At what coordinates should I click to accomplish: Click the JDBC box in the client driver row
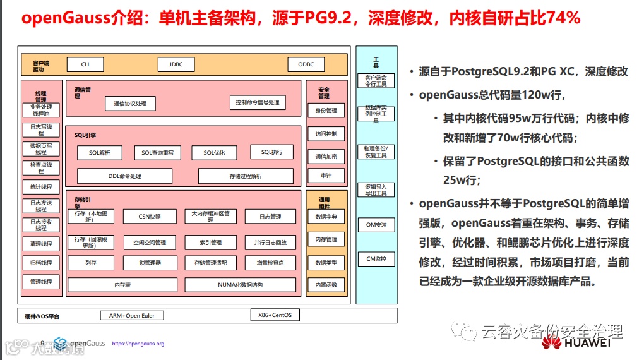(176, 64)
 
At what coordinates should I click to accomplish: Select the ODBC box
(306, 64)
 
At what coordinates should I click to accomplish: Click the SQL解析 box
(100, 153)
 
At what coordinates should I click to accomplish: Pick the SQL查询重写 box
(157, 153)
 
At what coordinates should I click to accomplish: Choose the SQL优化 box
(213, 153)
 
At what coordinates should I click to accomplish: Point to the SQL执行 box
(271, 152)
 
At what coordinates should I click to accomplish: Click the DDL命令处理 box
(124, 176)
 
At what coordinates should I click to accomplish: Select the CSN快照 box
(150, 217)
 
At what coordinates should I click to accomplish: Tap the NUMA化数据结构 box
(240, 285)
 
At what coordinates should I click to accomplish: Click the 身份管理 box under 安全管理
(326, 111)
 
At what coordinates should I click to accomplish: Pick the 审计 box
(326, 176)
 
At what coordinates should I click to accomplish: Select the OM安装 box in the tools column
(376, 224)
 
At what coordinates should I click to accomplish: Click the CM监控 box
(376, 258)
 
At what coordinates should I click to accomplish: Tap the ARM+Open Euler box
(131, 315)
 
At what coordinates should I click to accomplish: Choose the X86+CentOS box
(275, 315)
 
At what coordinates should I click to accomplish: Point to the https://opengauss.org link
(138, 344)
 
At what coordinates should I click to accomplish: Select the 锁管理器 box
(150, 263)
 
